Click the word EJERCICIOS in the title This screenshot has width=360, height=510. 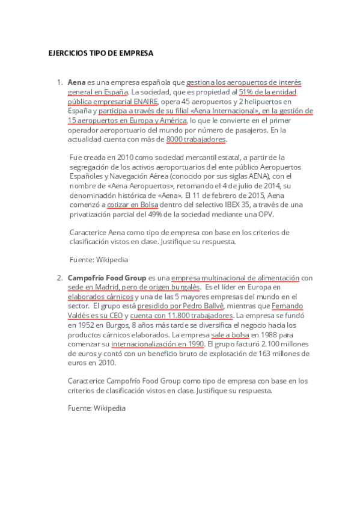tap(67, 53)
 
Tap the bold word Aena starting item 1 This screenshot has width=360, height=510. tap(76, 82)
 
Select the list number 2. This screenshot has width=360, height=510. tap(59, 278)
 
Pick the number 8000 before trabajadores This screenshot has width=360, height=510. tap(175, 140)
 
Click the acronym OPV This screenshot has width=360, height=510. tap(282, 214)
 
